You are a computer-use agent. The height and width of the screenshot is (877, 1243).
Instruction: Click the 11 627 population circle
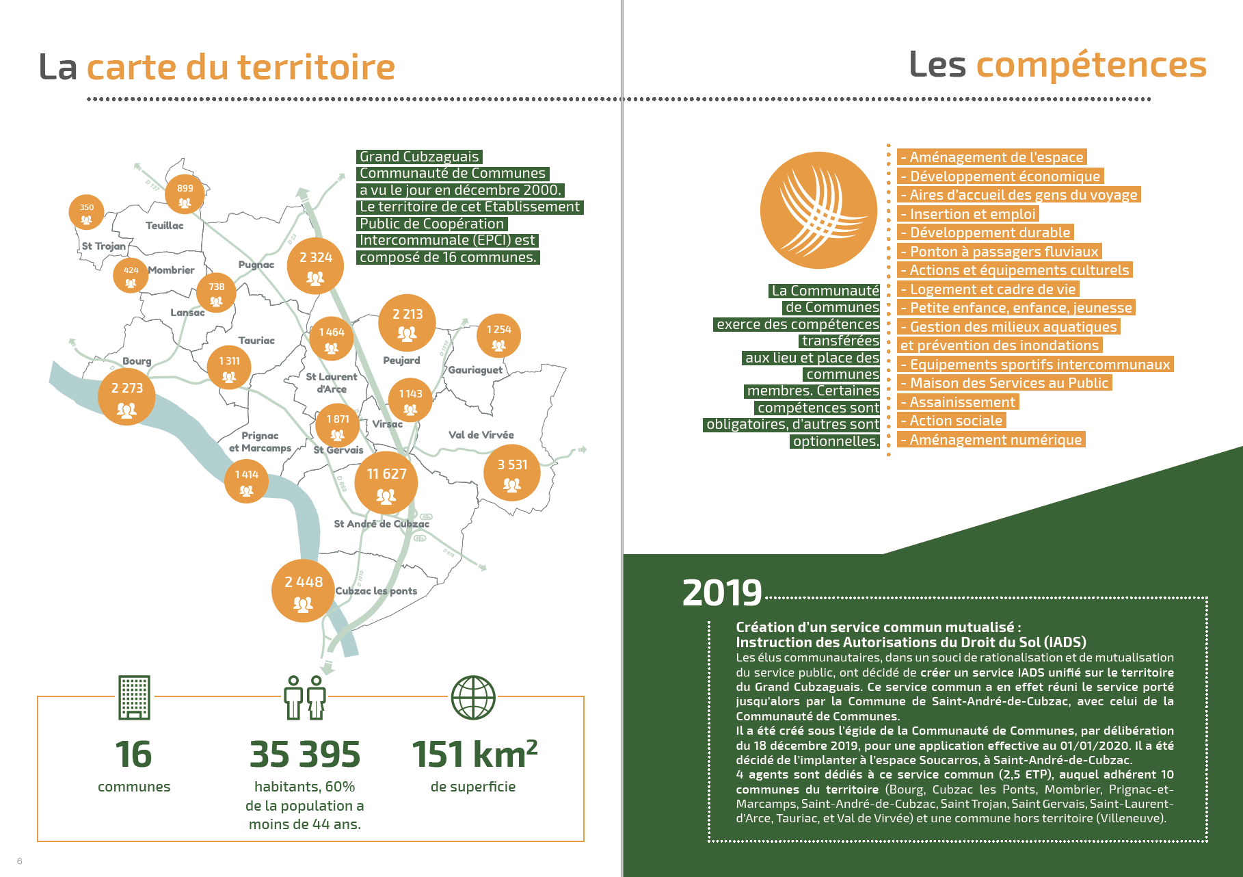(x=386, y=482)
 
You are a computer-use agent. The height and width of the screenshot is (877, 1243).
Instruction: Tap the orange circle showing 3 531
(x=512, y=473)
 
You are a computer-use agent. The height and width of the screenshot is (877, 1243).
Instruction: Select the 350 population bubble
(x=86, y=211)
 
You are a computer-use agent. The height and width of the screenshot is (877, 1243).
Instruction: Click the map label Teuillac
(x=164, y=226)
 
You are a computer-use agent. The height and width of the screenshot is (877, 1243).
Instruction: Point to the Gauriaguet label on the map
(x=475, y=370)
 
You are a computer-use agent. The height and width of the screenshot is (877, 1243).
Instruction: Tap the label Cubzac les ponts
(x=376, y=591)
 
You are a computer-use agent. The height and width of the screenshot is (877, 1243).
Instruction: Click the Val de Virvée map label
(x=481, y=435)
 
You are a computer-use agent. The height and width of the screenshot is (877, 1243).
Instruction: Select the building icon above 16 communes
(x=134, y=697)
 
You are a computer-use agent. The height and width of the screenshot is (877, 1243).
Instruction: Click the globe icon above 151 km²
(x=472, y=697)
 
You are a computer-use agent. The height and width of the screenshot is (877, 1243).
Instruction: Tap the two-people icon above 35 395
(x=305, y=697)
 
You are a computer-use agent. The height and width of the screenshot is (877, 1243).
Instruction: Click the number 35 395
(x=305, y=755)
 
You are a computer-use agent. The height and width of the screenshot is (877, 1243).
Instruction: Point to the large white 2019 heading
(x=722, y=592)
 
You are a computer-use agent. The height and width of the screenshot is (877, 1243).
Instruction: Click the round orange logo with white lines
(x=818, y=210)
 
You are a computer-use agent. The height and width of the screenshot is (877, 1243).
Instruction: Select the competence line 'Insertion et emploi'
(x=968, y=214)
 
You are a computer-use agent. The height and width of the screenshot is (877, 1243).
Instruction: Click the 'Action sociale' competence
(x=952, y=421)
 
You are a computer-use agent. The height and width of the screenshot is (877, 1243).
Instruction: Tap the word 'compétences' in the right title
(x=1091, y=65)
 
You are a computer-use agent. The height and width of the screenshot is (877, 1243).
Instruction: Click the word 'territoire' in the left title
(x=316, y=68)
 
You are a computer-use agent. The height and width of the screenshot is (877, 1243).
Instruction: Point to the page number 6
(x=19, y=861)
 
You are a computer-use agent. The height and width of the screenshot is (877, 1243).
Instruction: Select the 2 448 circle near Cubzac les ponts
(x=303, y=590)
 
